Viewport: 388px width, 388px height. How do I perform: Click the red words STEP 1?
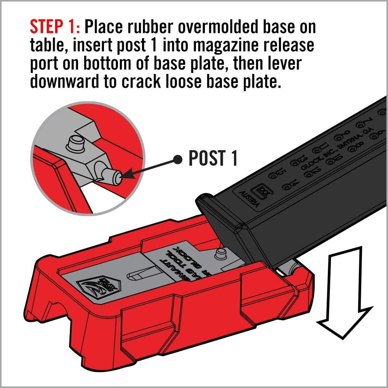click(x=54, y=27)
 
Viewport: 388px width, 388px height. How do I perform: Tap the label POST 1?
click(x=213, y=158)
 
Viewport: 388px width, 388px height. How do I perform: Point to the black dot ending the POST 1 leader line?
click(x=178, y=159)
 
